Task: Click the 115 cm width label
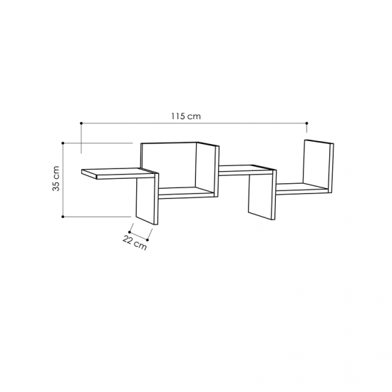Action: [x=186, y=116]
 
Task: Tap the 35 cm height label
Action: [x=56, y=178]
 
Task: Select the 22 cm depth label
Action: [x=134, y=243]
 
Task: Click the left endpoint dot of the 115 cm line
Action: [x=81, y=123]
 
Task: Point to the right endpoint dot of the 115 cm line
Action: [x=306, y=123]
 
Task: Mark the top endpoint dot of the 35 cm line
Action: [x=63, y=143]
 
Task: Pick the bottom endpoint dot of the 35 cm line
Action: [x=63, y=217]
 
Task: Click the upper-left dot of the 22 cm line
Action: [x=130, y=232]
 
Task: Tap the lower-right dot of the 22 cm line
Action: [x=148, y=239]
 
